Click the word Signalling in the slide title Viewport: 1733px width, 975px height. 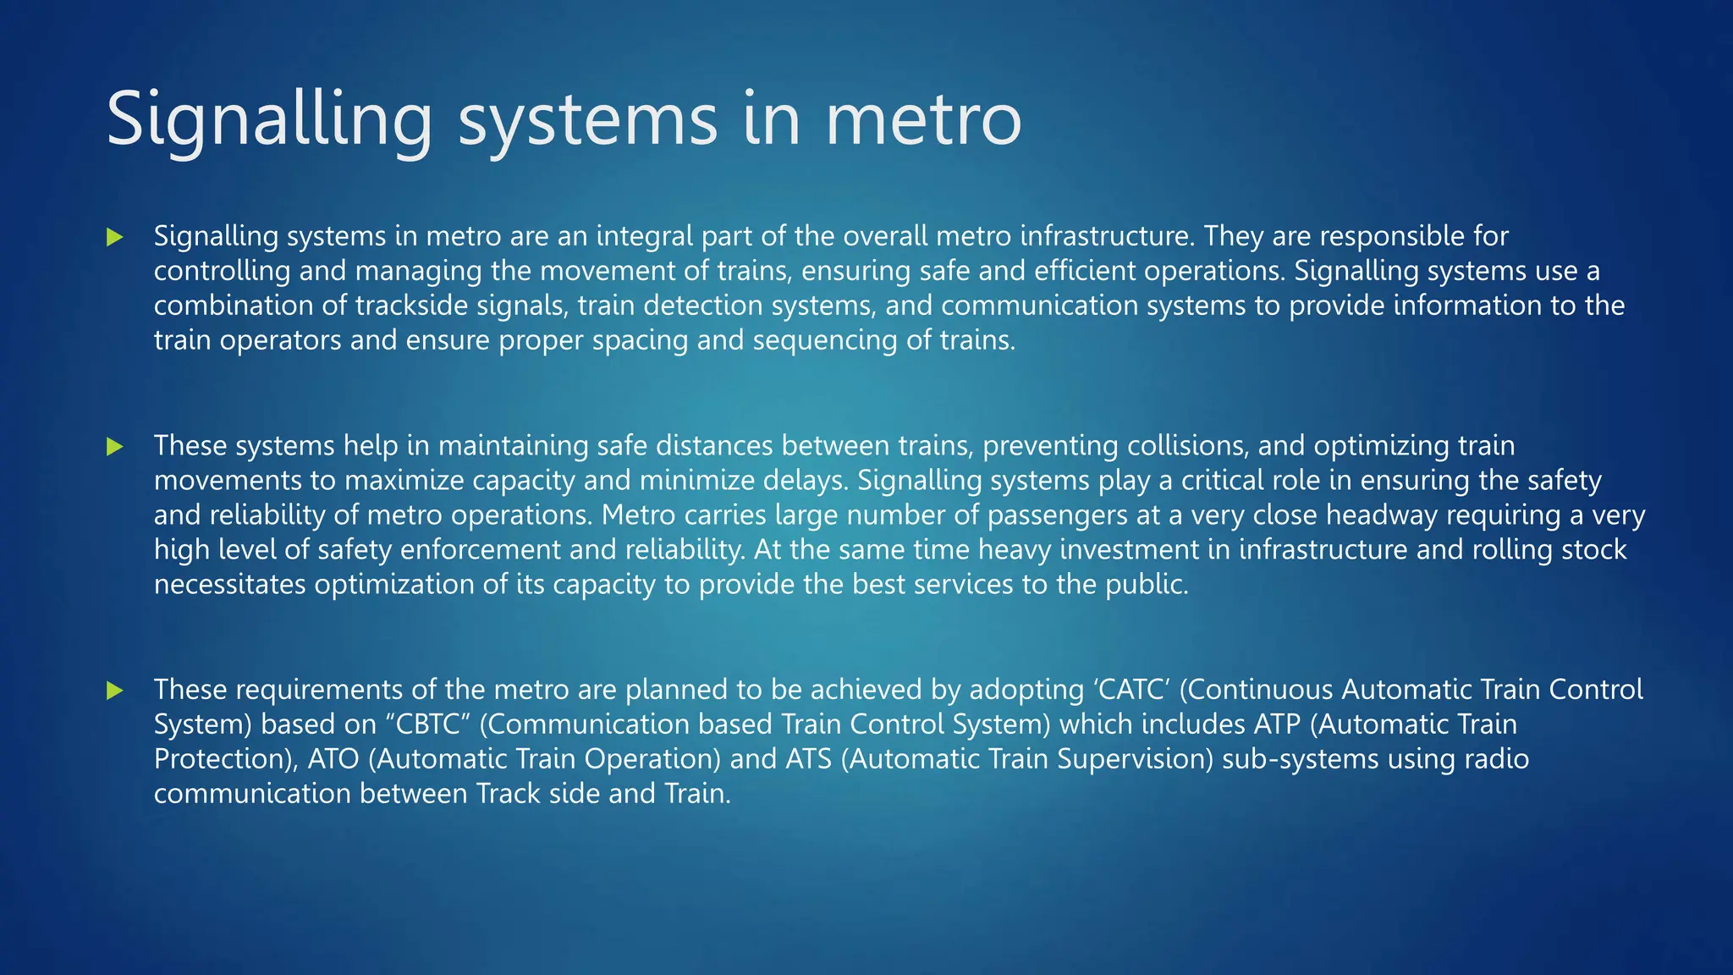tap(269, 120)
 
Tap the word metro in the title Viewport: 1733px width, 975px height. tap(923, 120)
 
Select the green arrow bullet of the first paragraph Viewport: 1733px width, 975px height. tap(115, 237)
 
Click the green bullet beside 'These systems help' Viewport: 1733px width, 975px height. tap(115, 447)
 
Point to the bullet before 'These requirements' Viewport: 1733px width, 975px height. tap(115, 691)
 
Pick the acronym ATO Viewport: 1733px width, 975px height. tap(333, 759)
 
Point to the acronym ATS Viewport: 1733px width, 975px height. tap(809, 759)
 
